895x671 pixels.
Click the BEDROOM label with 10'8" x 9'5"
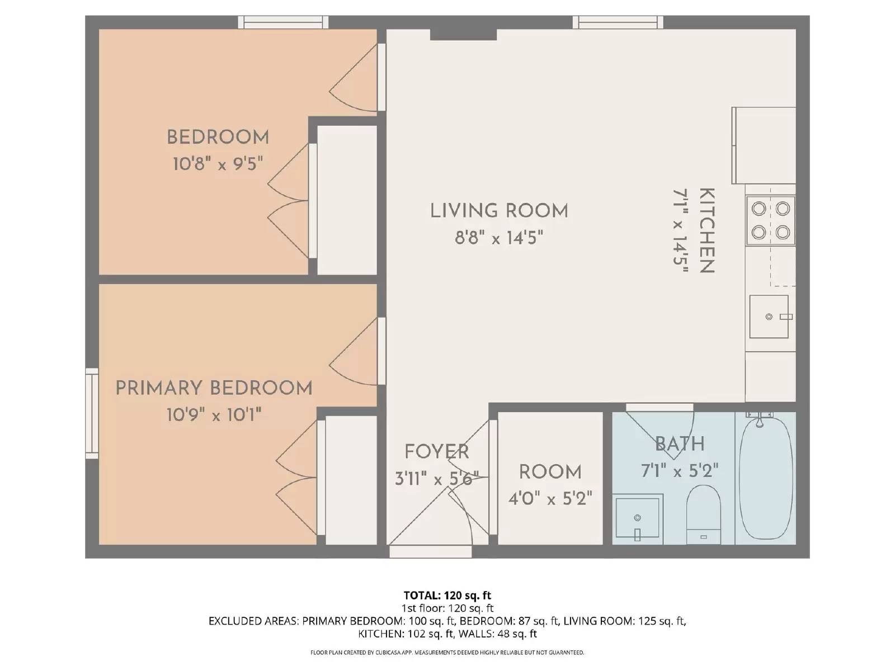[x=218, y=138]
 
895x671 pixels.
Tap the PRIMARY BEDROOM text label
[x=214, y=388]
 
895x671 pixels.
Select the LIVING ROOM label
[x=499, y=211]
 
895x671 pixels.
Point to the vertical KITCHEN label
[x=707, y=230]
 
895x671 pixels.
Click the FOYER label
[x=436, y=452]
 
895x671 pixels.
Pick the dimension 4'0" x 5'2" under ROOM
[x=550, y=498]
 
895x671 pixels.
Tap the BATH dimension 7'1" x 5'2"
[x=679, y=471]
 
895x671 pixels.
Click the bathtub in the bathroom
[x=765, y=478]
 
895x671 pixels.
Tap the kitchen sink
[x=769, y=317]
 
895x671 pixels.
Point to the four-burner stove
[x=770, y=220]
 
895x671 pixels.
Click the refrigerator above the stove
[x=764, y=145]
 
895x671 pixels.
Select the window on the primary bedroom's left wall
[x=92, y=413]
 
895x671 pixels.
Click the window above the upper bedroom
[x=283, y=22]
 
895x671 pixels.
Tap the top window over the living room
[x=618, y=22]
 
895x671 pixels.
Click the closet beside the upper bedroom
[x=347, y=200]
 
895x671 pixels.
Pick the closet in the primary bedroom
[x=351, y=480]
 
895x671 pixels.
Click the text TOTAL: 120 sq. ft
[x=447, y=596]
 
